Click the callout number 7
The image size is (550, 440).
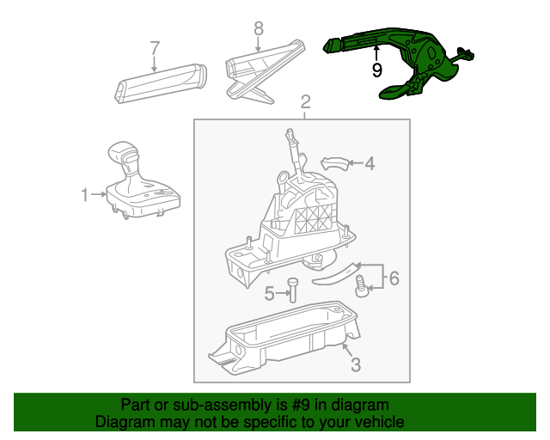155,48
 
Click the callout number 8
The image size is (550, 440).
259,28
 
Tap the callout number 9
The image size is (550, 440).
376,70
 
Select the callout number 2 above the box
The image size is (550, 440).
306,102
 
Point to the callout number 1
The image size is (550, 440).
85,195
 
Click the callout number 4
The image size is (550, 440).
370,163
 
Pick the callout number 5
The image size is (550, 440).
269,293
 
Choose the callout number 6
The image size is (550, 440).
394,278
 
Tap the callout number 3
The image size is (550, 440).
356,364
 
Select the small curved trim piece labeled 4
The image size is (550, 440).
335,164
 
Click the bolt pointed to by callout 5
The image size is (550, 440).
292,290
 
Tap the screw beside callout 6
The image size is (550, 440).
360,286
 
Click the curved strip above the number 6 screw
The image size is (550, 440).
337,274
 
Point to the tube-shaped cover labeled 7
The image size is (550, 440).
161,83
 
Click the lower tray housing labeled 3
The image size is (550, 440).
284,337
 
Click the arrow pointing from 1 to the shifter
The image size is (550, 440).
99,194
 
